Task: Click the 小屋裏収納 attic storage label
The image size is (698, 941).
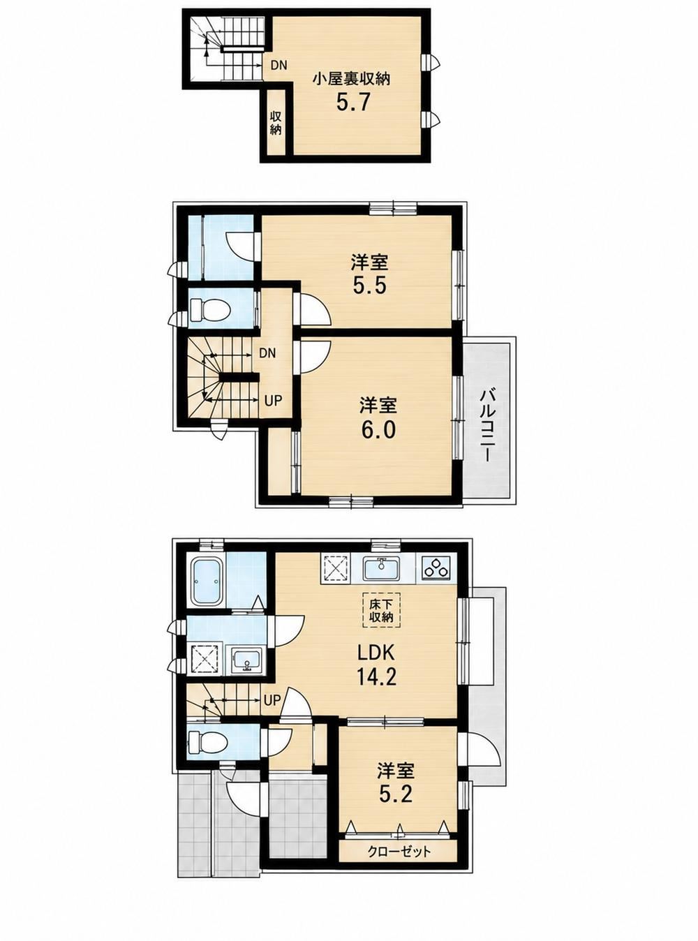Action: (351, 79)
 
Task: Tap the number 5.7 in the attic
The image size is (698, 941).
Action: (354, 102)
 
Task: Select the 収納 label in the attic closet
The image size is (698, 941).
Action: (276, 123)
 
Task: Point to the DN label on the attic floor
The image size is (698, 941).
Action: (279, 66)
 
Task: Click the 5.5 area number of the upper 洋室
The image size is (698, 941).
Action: (369, 286)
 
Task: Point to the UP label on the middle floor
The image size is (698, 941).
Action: (273, 400)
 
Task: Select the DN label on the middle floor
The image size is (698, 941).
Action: (268, 353)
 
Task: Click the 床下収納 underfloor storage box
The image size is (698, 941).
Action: (381, 609)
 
